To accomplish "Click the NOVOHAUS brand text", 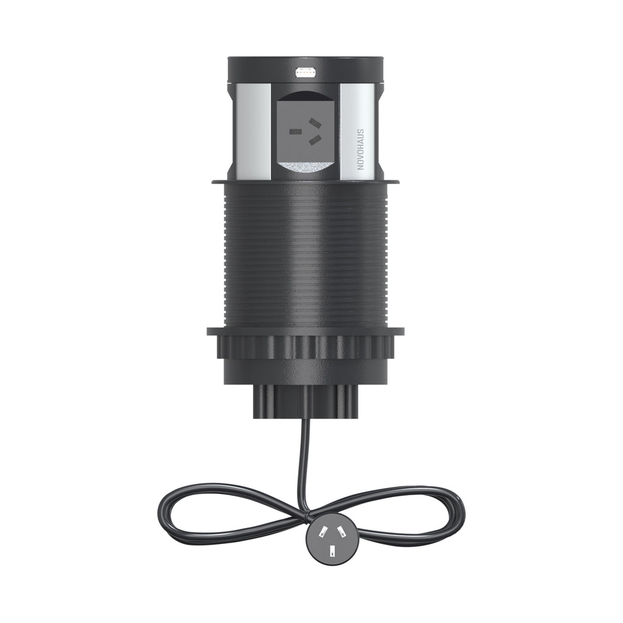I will point(360,149).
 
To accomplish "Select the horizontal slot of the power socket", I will point(295,130).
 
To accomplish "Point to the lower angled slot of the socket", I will point(315,141).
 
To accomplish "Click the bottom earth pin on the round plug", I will point(332,552).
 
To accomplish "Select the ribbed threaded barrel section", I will point(304,256).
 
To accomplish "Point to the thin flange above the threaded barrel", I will point(304,181).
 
